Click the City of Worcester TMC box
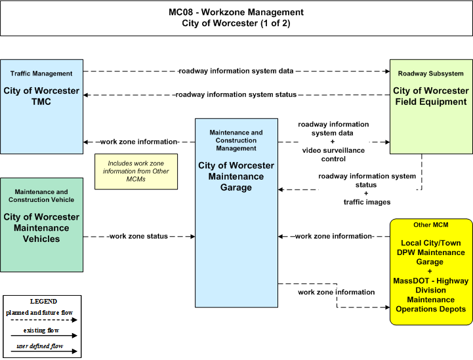pyautogui.click(x=41, y=106)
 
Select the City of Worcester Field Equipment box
pyautogui.click(x=431, y=106)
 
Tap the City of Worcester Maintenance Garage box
pyautogui.click(x=236, y=213)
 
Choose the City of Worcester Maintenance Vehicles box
pyautogui.click(x=41, y=225)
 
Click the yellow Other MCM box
pyautogui.click(x=431, y=272)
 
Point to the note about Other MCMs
pyautogui.click(x=136, y=172)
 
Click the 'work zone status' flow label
pyautogui.click(x=138, y=236)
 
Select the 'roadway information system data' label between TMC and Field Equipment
pyautogui.click(x=236, y=71)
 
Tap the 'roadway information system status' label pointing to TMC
pyautogui.click(x=236, y=94)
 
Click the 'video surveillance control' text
pyautogui.click(x=333, y=155)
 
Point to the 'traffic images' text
pyautogui.click(x=367, y=202)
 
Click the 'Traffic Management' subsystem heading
pyautogui.click(x=41, y=73)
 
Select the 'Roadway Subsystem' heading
pyautogui.click(x=431, y=73)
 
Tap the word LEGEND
pyautogui.click(x=43, y=302)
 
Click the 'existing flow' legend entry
pyautogui.click(x=41, y=330)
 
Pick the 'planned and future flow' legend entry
pyautogui.click(x=39, y=313)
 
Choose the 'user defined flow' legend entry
pyautogui.click(x=40, y=346)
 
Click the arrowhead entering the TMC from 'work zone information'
pyautogui.click(x=86, y=142)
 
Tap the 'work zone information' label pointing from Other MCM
pyautogui.click(x=333, y=236)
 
